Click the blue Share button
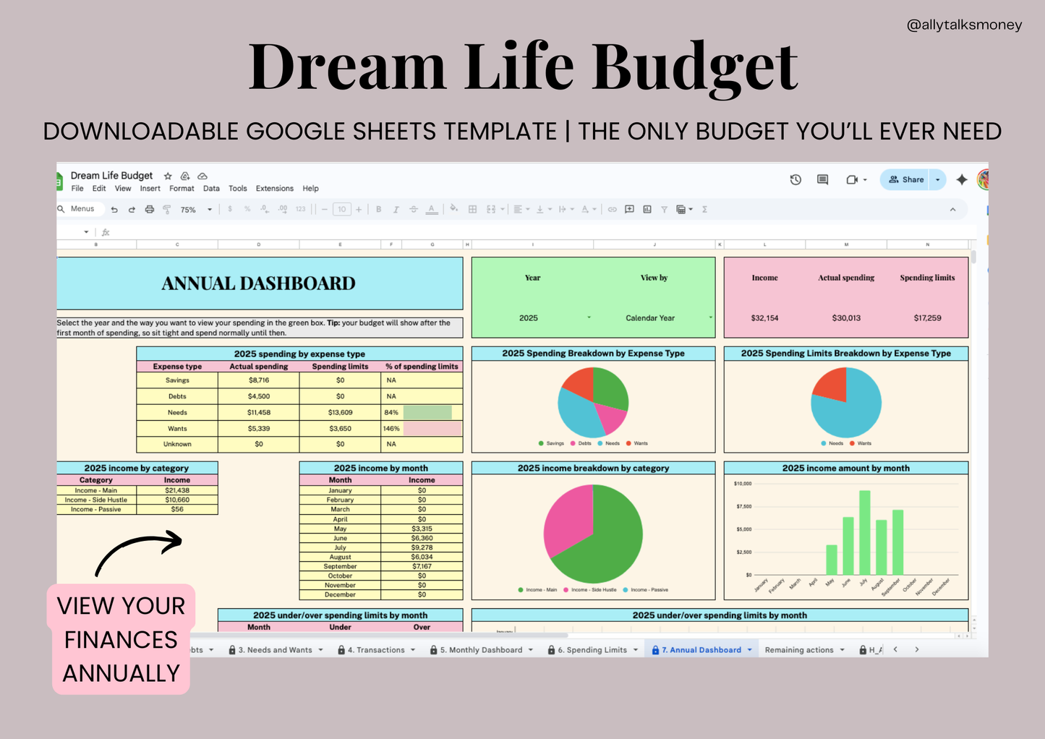[x=906, y=179]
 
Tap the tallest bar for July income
[x=864, y=532]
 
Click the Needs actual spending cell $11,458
[x=258, y=412]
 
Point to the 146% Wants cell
[x=391, y=429]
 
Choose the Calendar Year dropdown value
[x=650, y=318]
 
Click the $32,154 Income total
[x=764, y=318]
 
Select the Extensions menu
[x=274, y=189]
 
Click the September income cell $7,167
[x=422, y=566]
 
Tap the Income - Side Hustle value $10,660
[x=177, y=500]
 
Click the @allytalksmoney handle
[x=964, y=25]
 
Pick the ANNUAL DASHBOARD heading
[x=258, y=283]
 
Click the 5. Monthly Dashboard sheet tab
[x=481, y=650]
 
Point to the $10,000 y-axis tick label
[x=743, y=484]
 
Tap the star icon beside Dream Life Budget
[x=168, y=176]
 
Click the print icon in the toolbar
[x=150, y=210]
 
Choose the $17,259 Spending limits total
[x=927, y=318]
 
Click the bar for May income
[x=832, y=560]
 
